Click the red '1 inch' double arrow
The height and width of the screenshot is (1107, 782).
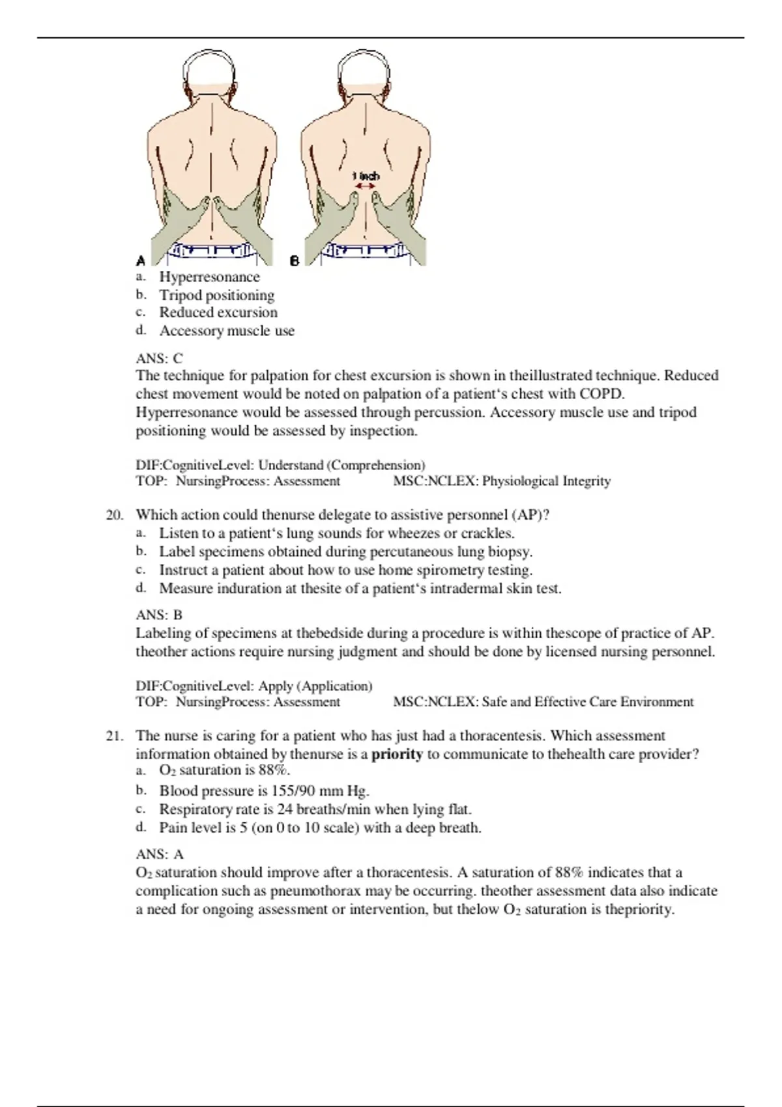pyautogui.click(x=364, y=186)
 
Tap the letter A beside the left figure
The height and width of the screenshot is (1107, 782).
pyautogui.click(x=141, y=260)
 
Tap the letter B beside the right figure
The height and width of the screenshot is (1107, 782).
pyautogui.click(x=295, y=260)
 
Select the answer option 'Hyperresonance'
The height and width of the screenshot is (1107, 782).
pyautogui.click(x=209, y=277)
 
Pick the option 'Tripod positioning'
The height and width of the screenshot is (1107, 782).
pyautogui.click(x=216, y=295)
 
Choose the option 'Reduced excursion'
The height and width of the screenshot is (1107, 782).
pyautogui.click(x=218, y=313)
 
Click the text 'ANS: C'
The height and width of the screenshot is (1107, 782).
pyautogui.click(x=159, y=358)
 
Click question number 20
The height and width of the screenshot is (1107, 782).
pyautogui.click(x=114, y=515)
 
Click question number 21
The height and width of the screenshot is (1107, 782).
pyautogui.click(x=114, y=736)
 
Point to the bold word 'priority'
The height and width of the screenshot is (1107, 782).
pyautogui.click(x=397, y=754)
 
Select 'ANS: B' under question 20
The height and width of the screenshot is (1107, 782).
pyautogui.click(x=159, y=615)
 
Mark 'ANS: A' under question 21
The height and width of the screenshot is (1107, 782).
pyautogui.click(x=159, y=854)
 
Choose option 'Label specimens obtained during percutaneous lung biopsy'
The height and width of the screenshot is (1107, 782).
pyautogui.click(x=345, y=552)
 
